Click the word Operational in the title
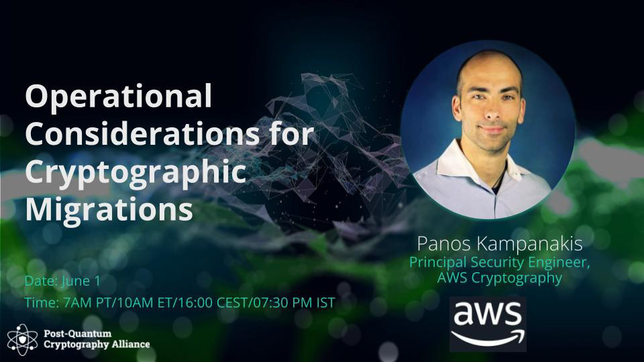coord(118,97)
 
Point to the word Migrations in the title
coord(109,210)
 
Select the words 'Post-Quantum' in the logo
coord(77,333)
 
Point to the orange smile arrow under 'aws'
coord(488,337)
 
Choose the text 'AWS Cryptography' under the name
coord(500,278)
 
